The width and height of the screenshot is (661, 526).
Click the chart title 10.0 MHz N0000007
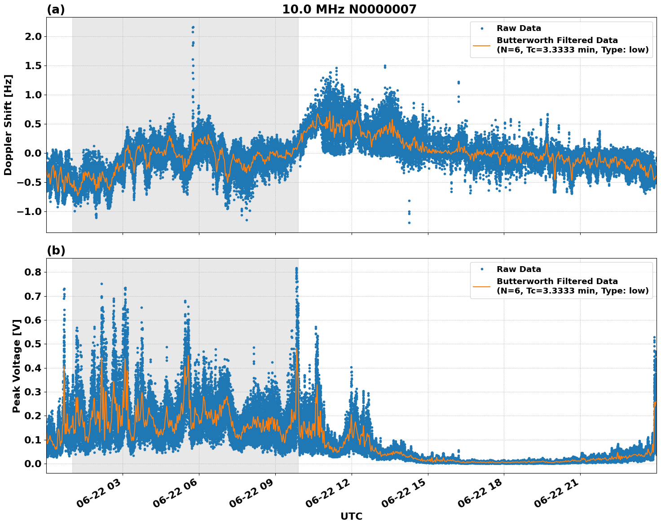(x=349, y=9)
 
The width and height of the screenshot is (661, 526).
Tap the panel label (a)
(x=56, y=9)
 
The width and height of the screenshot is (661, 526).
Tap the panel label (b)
(x=56, y=250)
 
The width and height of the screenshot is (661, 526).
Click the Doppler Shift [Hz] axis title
(x=8, y=125)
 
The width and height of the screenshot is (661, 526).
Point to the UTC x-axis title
(x=351, y=516)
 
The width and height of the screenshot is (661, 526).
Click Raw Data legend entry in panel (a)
(x=519, y=28)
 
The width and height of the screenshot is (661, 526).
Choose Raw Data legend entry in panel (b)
(x=519, y=269)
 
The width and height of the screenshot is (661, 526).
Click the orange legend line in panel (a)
(x=482, y=45)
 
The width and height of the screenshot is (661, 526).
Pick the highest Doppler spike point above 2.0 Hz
(x=193, y=27)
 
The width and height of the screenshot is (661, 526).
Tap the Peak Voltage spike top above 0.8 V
(x=296, y=268)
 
